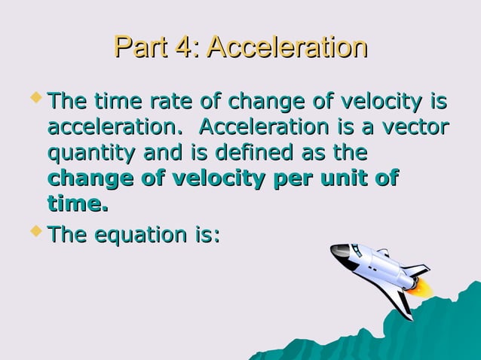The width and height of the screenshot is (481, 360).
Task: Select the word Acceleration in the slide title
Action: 287,47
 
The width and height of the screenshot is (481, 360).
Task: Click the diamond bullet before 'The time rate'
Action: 35,98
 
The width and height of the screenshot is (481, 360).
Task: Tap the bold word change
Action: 93,179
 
